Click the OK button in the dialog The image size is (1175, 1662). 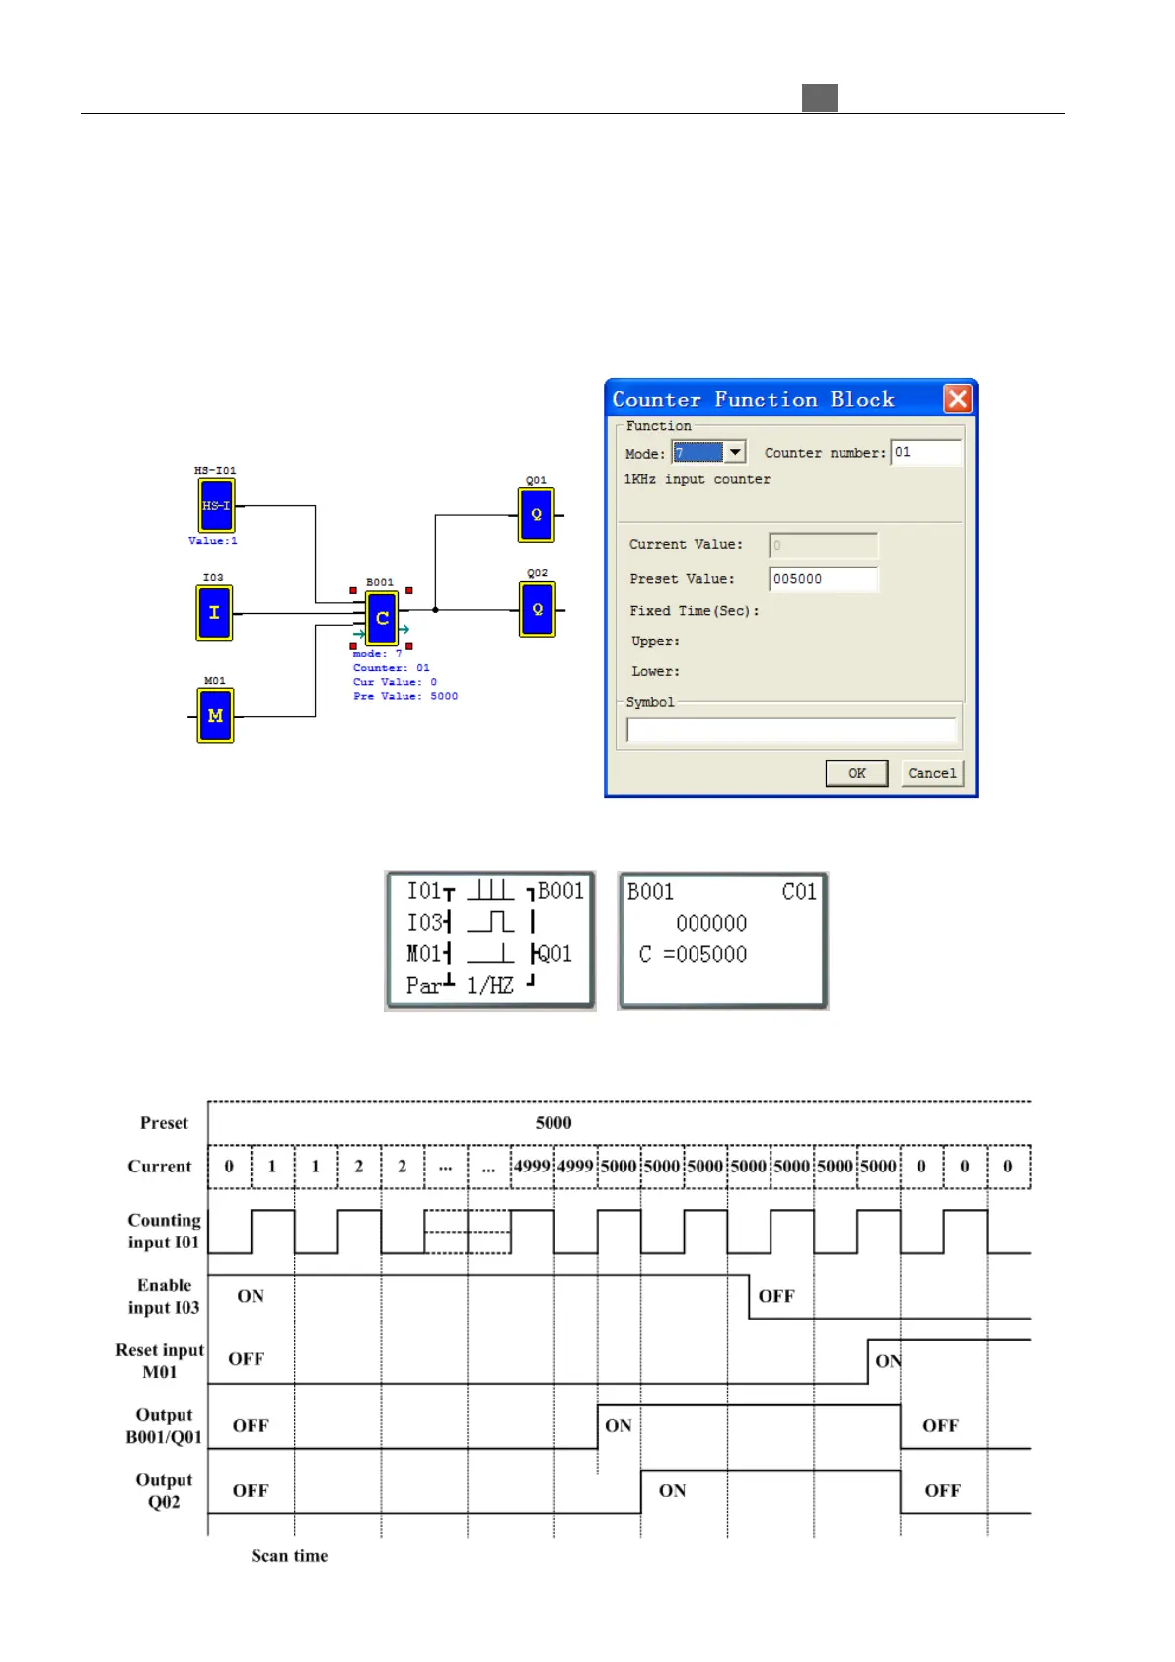[x=856, y=773]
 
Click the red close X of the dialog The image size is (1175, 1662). [x=957, y=399]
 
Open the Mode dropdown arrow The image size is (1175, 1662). [x=735, y=452]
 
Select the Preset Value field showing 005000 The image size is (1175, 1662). [x=823, y=579]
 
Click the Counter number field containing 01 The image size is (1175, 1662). [x=925, y=452]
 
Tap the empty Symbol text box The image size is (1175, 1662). [x=791, y=730]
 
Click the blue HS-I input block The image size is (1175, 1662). [x=216, y=506]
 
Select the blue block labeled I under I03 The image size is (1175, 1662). [x=214, y=613]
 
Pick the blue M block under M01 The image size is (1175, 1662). [x=215, y=716]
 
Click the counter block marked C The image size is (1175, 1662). [x=382, y=618]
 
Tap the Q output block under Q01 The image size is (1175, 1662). [x=536, y=514]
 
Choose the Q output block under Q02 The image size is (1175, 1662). [x=537, y=609]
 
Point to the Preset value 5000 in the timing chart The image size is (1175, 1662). [x=553, y=1123]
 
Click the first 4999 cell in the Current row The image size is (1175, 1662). [x=532, y=1166]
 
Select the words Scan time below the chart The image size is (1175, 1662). [x=289, y=1556]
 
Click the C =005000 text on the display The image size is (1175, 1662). [x=693, y=954]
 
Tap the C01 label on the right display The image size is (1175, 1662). [x=799, y=892]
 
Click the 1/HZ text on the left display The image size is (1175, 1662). [x=490, y=985]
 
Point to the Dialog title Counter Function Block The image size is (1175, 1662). [x=753, y=399]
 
